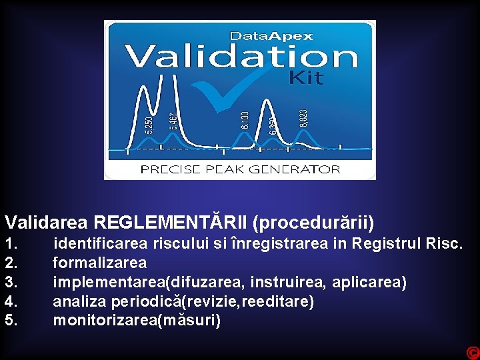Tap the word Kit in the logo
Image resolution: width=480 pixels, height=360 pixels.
click(x=306, y=78)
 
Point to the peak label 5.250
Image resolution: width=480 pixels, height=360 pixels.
click(x=149, y=125)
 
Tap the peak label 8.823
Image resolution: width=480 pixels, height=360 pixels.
click(x=303, y=119)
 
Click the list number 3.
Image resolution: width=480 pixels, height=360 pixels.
click(x=11, y=282)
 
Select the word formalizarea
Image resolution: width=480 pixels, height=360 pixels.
click(x=99, y=263)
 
